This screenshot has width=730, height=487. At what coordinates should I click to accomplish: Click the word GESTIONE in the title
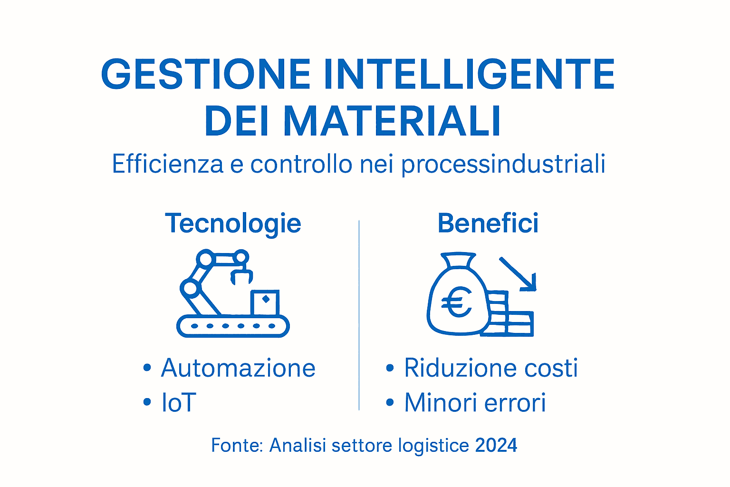(206, 75)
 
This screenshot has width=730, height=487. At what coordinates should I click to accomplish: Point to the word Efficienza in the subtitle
(167, 164)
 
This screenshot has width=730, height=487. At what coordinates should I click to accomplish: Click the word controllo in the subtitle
(301, 164)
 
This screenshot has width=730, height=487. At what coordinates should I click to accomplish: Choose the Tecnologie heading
(233, 224)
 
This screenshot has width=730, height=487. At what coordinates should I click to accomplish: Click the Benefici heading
(488, 224)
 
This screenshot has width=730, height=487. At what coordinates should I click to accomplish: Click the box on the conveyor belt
(265, 302)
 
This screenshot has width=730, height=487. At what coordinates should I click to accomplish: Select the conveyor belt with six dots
(233, 326)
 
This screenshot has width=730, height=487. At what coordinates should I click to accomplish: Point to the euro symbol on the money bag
(456, 303)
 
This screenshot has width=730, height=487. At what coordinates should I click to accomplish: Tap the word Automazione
(238, 368)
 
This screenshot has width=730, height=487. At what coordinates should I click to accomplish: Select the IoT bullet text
(179, 403)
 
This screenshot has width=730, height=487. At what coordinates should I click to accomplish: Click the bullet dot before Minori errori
(390, 403)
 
